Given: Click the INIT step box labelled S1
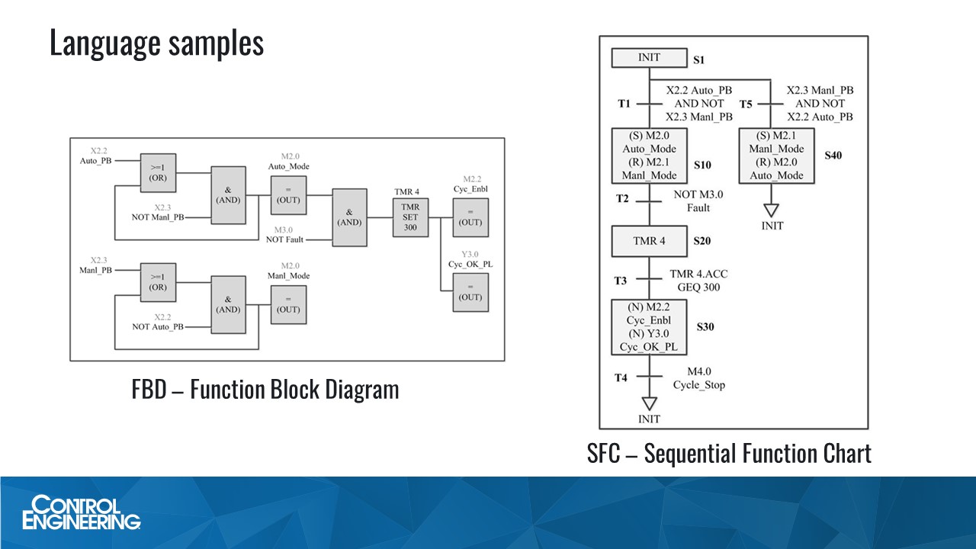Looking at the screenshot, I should [x=649, y=58].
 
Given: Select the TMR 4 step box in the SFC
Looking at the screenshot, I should [x=649, y=241].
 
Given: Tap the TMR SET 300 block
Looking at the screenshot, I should [x=410, y=217].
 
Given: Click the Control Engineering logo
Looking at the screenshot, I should [x=82, y=512].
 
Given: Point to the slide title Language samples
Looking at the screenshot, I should [x=156, y=43].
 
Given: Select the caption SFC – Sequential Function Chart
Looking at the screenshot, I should [x=729, y=454].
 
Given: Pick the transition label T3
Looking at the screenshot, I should [x=621, y=281].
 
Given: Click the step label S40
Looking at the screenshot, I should [x=833, y=155].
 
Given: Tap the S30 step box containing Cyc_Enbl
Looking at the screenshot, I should [x=649, y=327].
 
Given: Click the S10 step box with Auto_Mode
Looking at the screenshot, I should [x=649, y=156].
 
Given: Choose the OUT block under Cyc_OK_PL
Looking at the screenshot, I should [x=470, y=292].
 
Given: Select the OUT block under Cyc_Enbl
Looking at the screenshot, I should [x=470, y=217].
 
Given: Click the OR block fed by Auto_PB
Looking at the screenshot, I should [x=158, y=172].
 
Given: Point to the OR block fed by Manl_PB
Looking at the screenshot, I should [x=158, y=283].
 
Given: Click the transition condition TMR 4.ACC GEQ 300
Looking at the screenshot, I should [x=695, y=281].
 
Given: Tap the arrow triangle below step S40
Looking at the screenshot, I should [x=772, y=210].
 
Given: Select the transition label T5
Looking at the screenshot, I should [x=747, y=104].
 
